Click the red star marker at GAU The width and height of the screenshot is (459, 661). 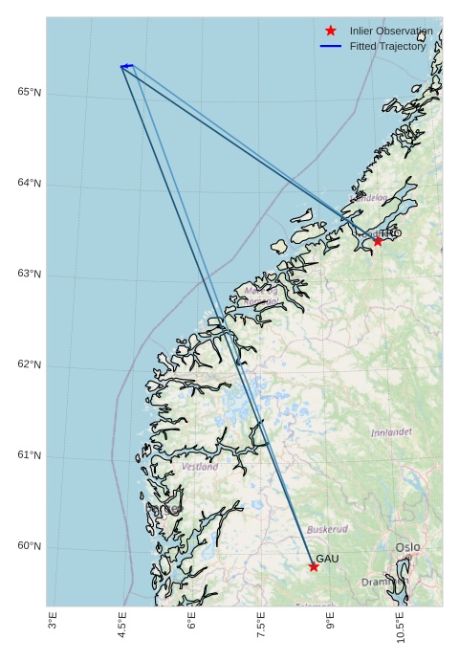[314, 567]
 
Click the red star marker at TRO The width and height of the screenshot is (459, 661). [378, 241]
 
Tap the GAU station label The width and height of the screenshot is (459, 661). [327, 559]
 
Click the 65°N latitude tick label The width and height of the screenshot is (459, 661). [30, 93]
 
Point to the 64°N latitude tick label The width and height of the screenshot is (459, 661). [30, 184]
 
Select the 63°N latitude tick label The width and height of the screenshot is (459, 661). [30, 275]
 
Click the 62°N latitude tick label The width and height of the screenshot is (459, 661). [30, 365]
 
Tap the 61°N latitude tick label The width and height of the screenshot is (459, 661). [30, 456]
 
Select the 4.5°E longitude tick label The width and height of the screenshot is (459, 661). [122, 626]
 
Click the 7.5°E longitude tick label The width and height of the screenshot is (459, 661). [261, 626]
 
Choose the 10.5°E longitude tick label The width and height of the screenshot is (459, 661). [400, 628]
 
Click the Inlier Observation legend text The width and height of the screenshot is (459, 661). [391, 32]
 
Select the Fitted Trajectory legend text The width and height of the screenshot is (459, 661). [387, 47]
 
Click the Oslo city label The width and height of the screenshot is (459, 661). [407, 548]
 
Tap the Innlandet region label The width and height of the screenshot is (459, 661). [391, 432]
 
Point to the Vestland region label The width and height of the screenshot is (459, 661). [200, 467]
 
